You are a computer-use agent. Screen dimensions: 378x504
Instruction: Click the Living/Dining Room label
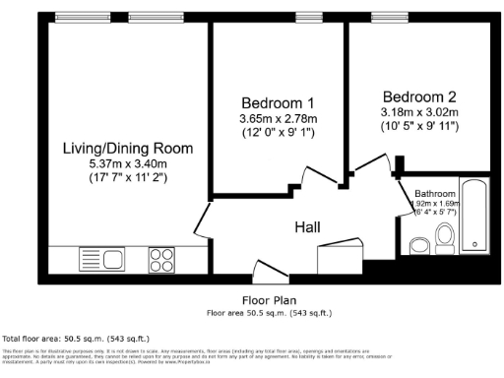pyautogui.click(x=127, y=149)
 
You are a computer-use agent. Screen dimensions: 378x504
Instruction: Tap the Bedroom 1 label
pyautogui.click(x=279, y=103)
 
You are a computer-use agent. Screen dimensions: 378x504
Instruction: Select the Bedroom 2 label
pyautogui.click(x=419, y=97)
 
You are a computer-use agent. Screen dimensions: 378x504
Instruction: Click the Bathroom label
pyautogui.click(x=435, y=193)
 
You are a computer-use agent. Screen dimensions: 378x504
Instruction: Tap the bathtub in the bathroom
pyautogui.click(x=476, y=217)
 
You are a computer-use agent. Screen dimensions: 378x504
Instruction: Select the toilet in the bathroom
pyautogui.click(x=444, y=236)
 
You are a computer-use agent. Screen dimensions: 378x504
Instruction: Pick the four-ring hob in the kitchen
pyautogui.click(x=161, y=259)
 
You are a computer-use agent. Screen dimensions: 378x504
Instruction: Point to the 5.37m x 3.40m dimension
pyautogui.click(x=128, y=163)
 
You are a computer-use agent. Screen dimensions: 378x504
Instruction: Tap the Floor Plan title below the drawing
pyautogui.click(x=270, y=301)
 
